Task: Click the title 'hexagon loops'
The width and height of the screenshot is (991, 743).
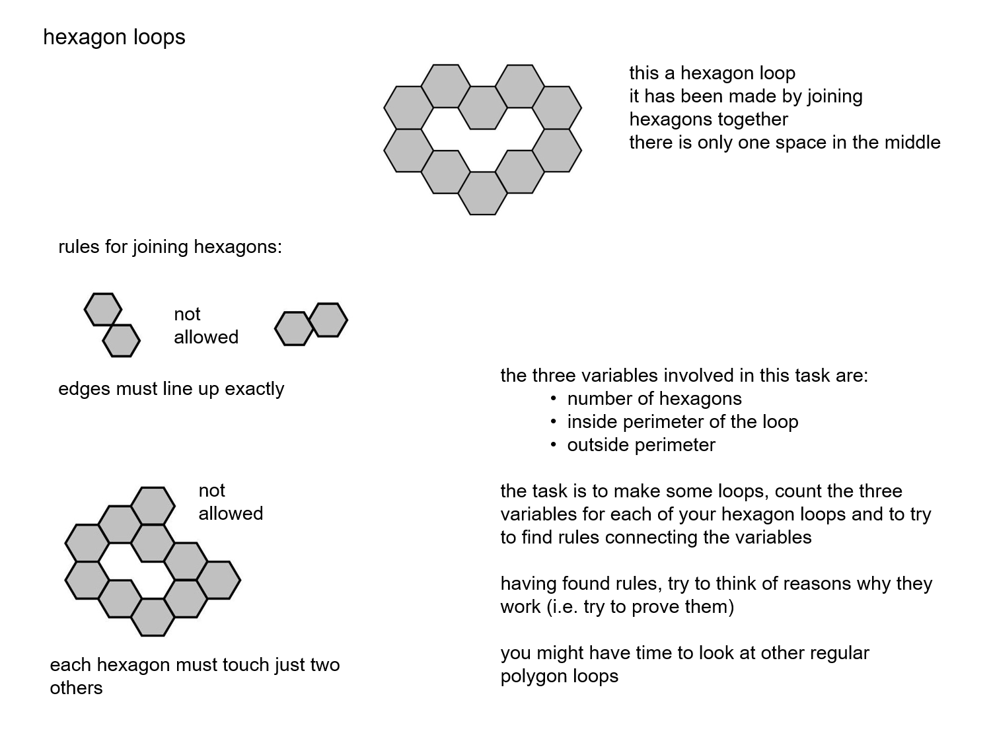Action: (x=114, y=37)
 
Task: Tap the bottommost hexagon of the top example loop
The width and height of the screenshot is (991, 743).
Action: (x=482, y=193)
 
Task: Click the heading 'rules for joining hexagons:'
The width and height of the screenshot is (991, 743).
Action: (x=170, y=247)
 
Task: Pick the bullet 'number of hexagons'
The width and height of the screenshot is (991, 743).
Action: (x=654, y=399)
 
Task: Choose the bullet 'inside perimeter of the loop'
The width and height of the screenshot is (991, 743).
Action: (x=682, y=422)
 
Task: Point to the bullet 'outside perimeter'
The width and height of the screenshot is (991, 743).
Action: (x=641, y=445)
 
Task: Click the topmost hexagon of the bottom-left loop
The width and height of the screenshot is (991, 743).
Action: (x=153, y=506)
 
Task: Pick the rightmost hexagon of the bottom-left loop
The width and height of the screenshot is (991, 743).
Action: (x=219, y=581)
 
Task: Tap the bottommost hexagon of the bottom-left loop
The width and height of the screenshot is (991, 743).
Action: (x=153, y=617)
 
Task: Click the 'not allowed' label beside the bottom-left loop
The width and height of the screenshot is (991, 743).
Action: (x=230, y=502)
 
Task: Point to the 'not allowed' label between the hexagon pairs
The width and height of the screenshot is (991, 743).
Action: (x=205, y=326)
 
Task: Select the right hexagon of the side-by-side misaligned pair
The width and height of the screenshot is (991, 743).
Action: (x=328, y=320)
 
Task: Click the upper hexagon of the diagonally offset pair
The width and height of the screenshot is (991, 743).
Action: (x=103, y=309)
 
